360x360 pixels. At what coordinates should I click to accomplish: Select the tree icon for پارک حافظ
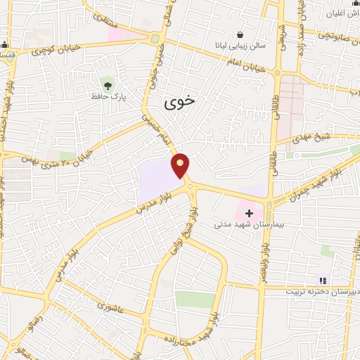[x=107, y=82]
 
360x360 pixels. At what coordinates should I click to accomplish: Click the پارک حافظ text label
[x=108, y=95]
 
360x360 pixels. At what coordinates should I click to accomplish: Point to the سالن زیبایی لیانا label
[x=242, y=46]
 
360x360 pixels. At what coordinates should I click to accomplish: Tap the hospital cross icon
[x=249, y=212]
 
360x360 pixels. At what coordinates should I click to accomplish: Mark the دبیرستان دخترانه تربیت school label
[x=323, y=290]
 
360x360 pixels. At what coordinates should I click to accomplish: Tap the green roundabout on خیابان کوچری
[x=155, y=39]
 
